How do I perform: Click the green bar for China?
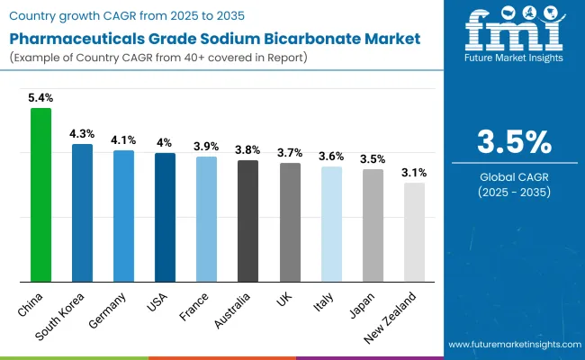[x=41, y=194]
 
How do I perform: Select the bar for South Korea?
[x=82, y=212]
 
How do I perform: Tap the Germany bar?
[x=123, y=216]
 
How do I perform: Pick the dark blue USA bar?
[x=165, y=217]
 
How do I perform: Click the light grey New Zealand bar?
[x=414, y=232]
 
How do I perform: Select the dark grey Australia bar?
[x=247, y=220]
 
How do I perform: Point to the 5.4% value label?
[x=41, y=96]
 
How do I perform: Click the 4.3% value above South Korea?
[x=82, y=133]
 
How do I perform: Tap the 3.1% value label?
[x=414, y=172]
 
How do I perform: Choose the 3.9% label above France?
[x=206, y=146]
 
